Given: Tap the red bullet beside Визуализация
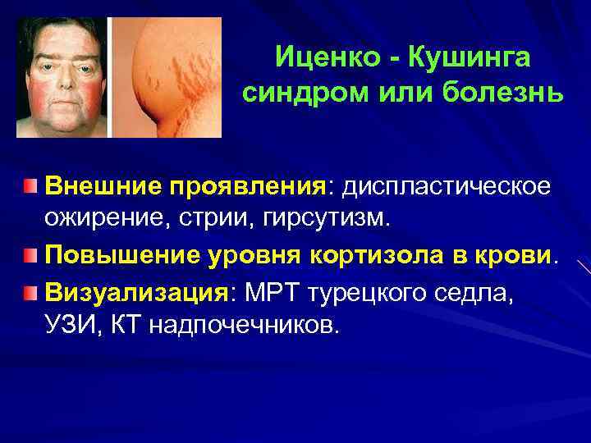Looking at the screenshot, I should coord(30,291).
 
